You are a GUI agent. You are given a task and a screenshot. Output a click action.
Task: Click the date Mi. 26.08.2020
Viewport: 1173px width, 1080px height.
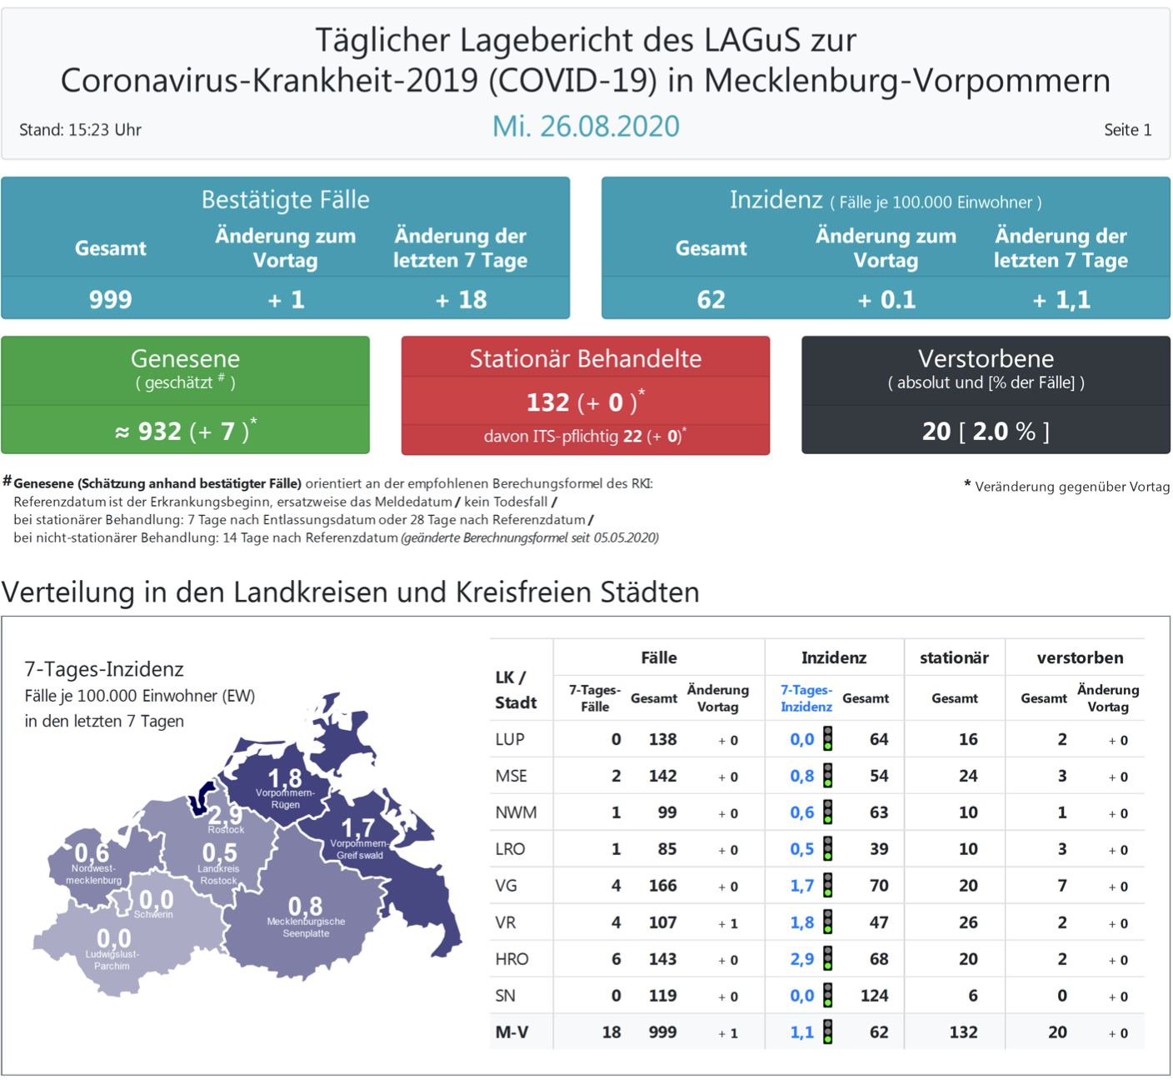586,127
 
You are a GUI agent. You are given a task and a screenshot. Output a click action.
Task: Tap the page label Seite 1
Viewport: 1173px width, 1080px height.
1127,130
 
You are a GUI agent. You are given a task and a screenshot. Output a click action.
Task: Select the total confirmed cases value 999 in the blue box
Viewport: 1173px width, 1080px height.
111,299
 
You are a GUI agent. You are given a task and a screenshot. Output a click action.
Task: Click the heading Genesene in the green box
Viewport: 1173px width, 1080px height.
185,358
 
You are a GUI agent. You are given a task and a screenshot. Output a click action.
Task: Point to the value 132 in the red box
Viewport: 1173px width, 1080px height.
547,402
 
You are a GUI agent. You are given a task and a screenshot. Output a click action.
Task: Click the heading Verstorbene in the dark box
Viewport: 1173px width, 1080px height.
986,358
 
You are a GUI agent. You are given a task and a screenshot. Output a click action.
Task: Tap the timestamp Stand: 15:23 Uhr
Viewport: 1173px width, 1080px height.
80,130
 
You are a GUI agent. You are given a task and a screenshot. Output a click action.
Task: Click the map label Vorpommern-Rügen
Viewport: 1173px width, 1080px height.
285,798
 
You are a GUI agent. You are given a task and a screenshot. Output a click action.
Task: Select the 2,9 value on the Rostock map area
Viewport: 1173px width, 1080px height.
225,814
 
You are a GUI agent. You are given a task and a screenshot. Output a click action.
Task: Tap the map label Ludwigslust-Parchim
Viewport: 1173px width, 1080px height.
112,960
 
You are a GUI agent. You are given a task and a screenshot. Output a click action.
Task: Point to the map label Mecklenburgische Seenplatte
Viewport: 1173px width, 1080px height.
306,927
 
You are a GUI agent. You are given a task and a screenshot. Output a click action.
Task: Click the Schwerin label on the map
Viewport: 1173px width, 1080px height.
153,914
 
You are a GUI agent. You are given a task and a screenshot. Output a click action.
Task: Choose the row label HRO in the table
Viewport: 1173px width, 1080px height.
512,959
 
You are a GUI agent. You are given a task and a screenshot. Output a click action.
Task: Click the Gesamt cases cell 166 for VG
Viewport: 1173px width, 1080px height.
662,886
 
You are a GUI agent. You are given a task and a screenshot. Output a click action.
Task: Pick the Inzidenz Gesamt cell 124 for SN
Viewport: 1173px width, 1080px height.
874,996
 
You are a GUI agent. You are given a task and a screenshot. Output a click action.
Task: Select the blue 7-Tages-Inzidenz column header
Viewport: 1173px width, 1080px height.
806,698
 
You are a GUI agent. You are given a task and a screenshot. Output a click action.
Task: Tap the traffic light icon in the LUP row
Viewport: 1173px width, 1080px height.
827,739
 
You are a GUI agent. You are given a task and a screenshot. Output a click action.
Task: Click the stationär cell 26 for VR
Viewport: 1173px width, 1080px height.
967,922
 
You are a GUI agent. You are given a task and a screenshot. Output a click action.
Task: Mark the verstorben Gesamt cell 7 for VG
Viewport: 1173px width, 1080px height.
1061,886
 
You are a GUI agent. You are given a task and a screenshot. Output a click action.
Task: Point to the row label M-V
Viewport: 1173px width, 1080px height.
512,1032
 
